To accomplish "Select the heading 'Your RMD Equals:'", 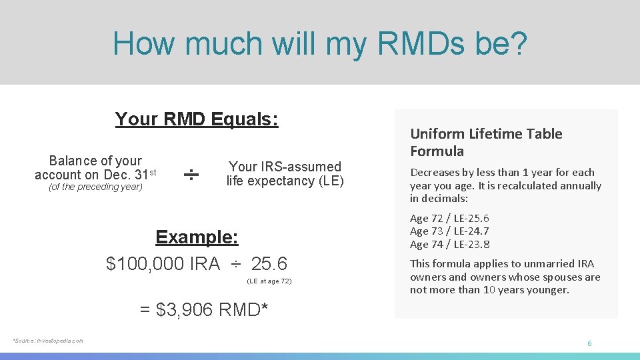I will pos(197,119).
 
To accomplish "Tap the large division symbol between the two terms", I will pos(191,175).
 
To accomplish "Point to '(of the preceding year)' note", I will pos(95,187).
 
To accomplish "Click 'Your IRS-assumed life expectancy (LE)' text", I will pos(285,174).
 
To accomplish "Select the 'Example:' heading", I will pos(197,237).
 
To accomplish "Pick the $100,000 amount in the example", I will pos(145,264).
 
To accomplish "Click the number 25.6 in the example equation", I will pos(269,264).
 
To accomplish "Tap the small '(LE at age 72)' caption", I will pos(269,281).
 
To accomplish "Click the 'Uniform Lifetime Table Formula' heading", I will pos(486,142).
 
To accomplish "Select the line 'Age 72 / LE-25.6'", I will pos(449,219).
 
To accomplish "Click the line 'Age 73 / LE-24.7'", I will pos(449,231).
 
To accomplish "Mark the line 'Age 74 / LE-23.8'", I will pos(449,244).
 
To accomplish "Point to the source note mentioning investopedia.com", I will pos(48,341).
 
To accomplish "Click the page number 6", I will pos(589,343).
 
